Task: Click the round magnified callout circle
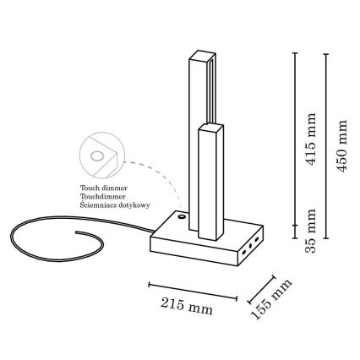tap(101, 155)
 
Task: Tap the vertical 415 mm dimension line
tap(295, 139)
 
